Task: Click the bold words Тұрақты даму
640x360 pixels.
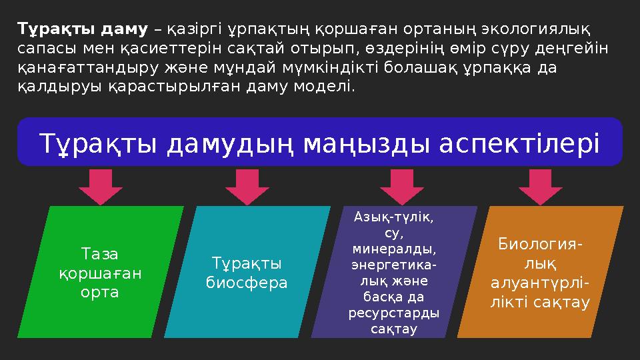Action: coord(83,29)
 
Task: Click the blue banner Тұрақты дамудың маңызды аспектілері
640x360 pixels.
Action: coord(319,142)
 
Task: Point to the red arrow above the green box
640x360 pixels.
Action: coord(105,186)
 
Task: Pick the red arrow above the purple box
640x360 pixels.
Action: coord(398,186)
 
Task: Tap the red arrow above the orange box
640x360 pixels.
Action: coord(541,186)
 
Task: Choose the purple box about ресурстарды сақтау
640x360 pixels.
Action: coord(393,273)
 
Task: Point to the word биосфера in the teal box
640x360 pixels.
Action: coord(247,283)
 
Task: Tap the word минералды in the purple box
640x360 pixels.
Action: coord(394,249)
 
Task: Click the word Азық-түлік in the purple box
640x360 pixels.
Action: coord(394,217)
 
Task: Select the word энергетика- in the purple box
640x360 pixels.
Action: coord(394,265)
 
